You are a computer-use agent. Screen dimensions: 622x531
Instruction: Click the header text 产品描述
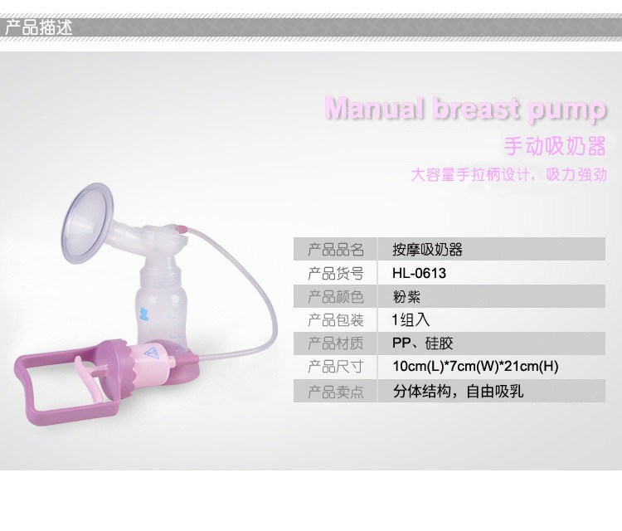38,27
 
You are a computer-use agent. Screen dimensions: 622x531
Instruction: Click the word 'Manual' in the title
374,108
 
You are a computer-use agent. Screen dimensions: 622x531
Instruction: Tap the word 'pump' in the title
566,110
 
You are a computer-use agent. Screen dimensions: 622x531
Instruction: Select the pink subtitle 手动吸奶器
555,146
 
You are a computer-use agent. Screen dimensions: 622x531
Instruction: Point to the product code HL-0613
419,273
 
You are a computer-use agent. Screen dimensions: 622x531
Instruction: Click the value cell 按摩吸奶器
427,249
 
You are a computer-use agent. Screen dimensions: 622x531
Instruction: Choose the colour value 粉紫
406,296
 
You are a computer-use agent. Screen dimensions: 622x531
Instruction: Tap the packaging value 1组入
411,320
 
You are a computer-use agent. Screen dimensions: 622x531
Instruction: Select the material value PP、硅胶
422,343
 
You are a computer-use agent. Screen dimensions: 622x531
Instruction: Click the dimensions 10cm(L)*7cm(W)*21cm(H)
475,366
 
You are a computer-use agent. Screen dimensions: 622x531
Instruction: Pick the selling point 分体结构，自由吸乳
458,392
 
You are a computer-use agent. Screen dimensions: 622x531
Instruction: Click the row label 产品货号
336,274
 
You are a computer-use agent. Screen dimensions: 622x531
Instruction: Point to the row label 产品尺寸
336,366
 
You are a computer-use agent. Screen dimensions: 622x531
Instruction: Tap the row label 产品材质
336,343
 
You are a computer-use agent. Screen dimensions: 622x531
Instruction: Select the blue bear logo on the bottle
144,314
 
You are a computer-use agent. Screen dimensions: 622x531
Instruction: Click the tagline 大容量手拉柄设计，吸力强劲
508,174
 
